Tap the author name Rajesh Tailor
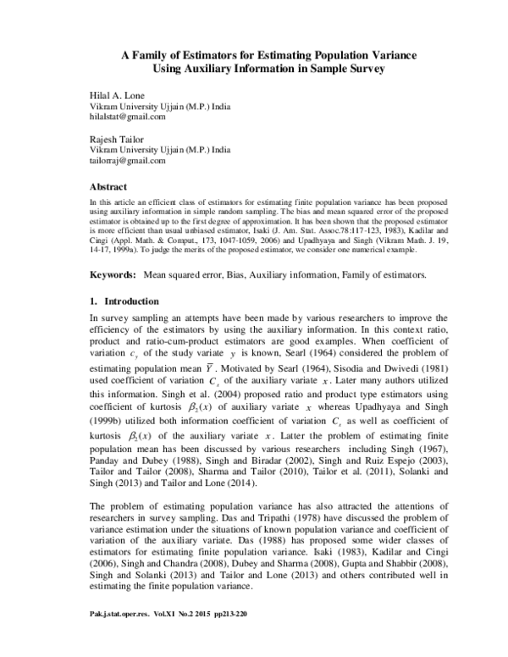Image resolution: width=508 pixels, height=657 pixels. [x=116, y=137]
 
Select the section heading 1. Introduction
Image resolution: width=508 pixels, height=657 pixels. [x=125, y=301]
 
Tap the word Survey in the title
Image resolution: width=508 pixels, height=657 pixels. [x=359, y=69]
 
